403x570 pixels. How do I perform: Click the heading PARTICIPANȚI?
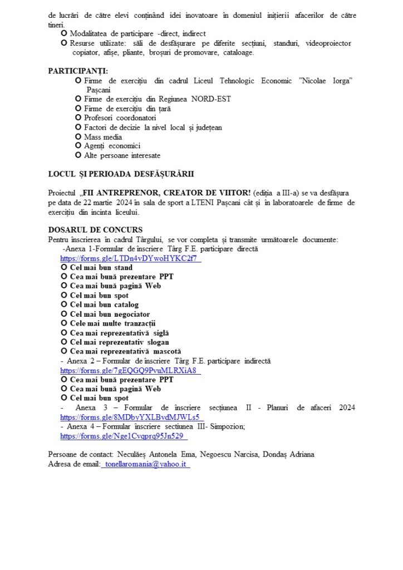coord(78,71)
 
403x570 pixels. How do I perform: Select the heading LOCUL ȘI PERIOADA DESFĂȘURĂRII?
coord(121,174)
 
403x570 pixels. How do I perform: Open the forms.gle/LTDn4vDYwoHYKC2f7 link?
coord(130,258)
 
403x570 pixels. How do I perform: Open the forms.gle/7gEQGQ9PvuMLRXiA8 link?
coord(130,370)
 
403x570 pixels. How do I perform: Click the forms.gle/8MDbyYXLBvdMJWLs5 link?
coord(131,417)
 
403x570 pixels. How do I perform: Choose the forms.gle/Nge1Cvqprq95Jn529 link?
coord(130,436)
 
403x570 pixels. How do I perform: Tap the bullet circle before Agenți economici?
coord(78,146)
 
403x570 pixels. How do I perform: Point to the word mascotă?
coord(167,352)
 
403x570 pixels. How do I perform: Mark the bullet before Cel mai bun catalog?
coord(64,305)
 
